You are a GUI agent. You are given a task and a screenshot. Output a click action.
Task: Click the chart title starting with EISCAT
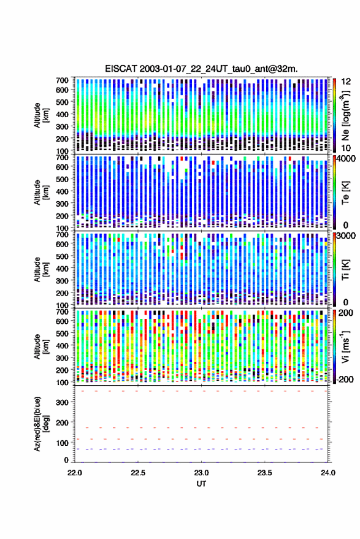pyautogui.click(x=201, y=69)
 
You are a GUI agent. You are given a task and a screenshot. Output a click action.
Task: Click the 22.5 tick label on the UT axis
pyautogui.click(x=138, y=473)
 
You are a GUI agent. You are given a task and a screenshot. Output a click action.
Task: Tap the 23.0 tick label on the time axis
pyautogui.click(x=201, y=473)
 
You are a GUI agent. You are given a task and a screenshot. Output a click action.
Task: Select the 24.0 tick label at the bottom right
pyautogui.click(x=327, y=473)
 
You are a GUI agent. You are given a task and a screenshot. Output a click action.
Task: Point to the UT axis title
pyautogui.click(x=201, y=484)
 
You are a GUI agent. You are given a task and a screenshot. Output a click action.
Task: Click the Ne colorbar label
pyautogui.click(x=345, y=115)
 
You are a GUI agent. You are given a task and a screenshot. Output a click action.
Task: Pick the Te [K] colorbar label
pyautogui.click(x=345, y=193)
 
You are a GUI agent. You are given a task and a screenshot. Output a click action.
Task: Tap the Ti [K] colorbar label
pyautogui.click(x=345, y=270)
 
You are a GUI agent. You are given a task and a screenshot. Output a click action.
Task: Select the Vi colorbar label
pyautogui.click(x=345, y=346)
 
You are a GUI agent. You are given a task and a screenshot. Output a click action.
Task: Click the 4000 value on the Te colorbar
pyautogui.click(x=347, y=159)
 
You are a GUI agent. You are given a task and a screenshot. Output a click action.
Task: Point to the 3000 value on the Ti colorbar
pyautogui.click(x=347, y=236)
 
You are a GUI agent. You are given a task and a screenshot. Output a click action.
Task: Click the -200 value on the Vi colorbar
pyautogui.click(x=345, y=380)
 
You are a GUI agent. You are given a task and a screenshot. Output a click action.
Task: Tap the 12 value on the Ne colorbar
pyautogui.click(x=346, y=82)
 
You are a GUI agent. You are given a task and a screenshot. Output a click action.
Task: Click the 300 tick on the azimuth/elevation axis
pyautogui.click(x=62, y=402)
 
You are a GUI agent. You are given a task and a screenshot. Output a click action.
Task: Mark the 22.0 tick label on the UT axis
pyautogui.click(x=75, y=473)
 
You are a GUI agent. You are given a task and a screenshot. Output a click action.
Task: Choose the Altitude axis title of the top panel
pyautogui.click(x=41, y=115)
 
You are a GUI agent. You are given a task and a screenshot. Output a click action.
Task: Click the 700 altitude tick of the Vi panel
pyautogui.click(x=62, y=312)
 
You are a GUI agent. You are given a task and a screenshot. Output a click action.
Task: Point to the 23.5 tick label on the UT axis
pyautogui.click(x=264, y=473)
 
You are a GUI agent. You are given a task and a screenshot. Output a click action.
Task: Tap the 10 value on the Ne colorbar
pyautogui.click(x=346, y=148)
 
